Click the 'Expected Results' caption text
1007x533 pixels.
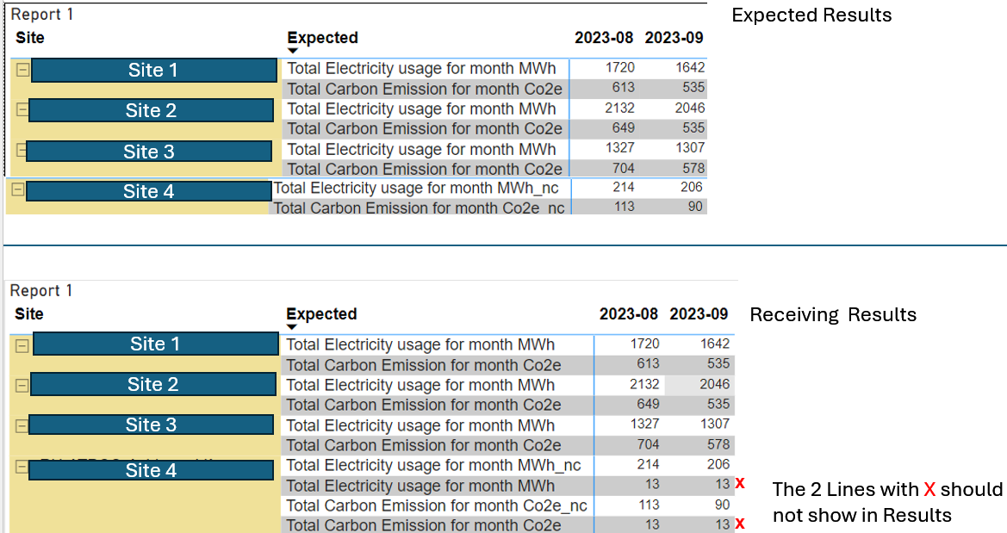[811, 15]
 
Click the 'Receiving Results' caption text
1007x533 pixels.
[833, 314]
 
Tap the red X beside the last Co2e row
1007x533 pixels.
[740, 524]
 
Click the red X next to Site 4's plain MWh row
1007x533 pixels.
[740, 484]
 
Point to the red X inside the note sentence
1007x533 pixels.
[929, 490]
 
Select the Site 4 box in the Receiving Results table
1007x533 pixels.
[151, 470]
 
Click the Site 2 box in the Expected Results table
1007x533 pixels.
[151, 110]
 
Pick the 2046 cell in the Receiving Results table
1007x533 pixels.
[714, 384]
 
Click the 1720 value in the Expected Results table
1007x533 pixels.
[619, 67]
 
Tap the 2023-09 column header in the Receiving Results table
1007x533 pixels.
[699, 314]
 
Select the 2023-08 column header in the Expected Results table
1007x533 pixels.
[604, 38]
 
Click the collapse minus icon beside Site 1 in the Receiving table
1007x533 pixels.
[22, 346]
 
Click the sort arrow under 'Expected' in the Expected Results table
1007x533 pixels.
[293, 51]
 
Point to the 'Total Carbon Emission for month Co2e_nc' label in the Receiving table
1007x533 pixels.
[436, 505]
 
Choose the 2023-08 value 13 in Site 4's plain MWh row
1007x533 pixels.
[652, 484]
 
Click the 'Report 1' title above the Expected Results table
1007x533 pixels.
[41, 14]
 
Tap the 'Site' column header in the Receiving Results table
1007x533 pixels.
[29, 314]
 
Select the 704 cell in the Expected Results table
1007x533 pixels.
[623, 168]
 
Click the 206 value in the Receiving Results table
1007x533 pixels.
[718, 464]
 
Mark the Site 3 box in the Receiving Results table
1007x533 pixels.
[151, 425]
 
